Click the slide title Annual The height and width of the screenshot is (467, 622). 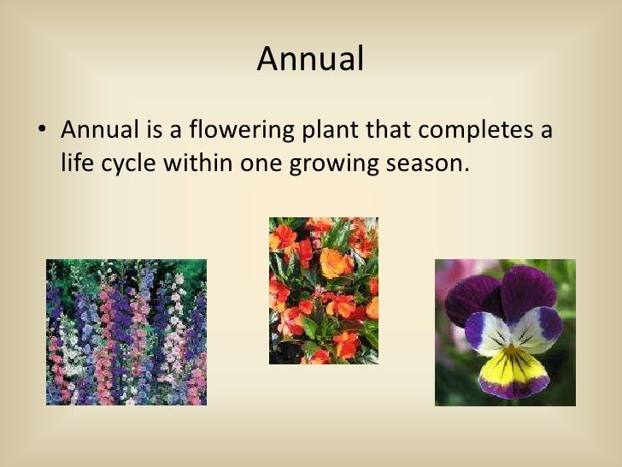click(x=310, y=59)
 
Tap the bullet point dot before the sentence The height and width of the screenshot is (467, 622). click(x=41, y=133)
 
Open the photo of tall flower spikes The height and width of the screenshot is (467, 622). click(x=126, y=332)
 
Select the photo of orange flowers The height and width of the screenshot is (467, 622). click(x=323, y=291)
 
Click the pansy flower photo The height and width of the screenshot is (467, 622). click(x=505, y=332)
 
